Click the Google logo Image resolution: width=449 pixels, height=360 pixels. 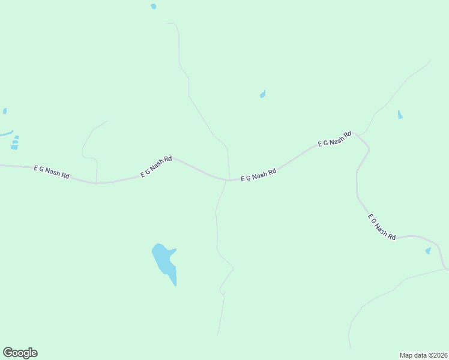click(20, 353)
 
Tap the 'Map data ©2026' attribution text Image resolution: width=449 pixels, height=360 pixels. click(423, 355)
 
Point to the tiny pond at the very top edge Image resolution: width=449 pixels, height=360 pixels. click(154, 7)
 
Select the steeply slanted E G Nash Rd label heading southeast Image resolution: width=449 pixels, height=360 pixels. click(382, 227)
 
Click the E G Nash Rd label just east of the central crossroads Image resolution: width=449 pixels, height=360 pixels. click(258, 175)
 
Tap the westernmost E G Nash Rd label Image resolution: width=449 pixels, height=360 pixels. click(52, 172)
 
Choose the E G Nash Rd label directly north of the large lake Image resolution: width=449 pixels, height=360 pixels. click(156, 167)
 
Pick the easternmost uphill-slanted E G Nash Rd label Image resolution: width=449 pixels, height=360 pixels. click(334, 140)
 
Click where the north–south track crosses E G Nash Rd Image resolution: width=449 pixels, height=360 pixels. click(228, 179)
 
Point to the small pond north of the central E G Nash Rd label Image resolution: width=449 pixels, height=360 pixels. click(262, 94)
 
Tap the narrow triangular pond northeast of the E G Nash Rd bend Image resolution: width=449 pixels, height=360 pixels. click(400, 115)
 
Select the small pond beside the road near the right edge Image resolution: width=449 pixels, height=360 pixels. click(428, 251)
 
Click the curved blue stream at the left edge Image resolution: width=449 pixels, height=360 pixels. click(6, 133)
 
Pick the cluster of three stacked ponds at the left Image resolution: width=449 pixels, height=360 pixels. click(14, 142)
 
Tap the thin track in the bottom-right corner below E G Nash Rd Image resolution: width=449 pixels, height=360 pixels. click(384, 294)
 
